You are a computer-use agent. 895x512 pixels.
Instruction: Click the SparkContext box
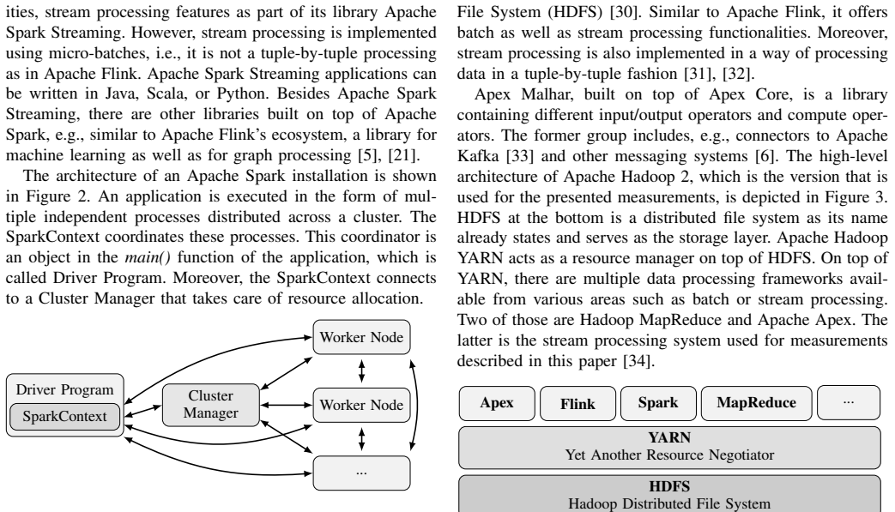coord(64,416)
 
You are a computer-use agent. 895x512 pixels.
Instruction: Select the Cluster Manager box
coord(210,405)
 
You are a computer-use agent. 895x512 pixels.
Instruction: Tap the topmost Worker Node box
coord(361,337)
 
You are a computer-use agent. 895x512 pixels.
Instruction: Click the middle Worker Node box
coord(361,405)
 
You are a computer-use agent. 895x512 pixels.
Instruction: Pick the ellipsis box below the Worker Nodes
coord(361,473)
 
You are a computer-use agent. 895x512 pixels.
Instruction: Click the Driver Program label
coord(64,389)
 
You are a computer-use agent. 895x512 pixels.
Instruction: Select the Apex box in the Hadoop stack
coord(497,403)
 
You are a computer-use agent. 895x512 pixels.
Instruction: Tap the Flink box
coord(578,403)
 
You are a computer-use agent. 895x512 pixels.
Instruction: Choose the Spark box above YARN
coord(658,403)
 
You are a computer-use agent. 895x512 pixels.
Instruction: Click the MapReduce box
coord(756,403)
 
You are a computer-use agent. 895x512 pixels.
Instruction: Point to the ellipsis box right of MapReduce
coord(849,403)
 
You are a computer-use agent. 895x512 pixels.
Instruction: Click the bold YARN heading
coord(669,437)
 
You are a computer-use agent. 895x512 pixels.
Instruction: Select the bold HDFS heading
coord(669,486)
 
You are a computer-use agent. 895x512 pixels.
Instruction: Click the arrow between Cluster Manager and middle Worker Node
coord(286,405)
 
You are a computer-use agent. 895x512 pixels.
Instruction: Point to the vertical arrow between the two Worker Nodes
coord(361,371)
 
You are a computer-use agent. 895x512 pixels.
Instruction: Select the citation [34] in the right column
coord(637,361)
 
